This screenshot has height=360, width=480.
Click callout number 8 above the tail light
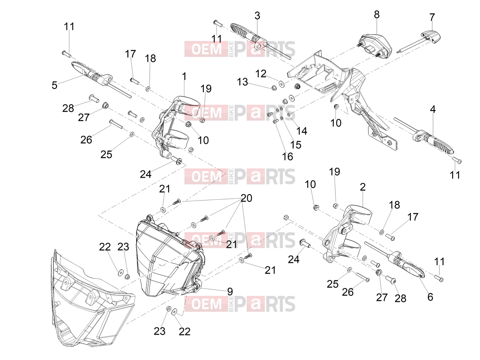tap(376, 15)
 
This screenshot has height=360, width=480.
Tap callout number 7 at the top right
tap(432, 17)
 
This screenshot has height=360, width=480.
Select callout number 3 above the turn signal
tap(257, 16)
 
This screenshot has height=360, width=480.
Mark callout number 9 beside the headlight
tap(229, 292)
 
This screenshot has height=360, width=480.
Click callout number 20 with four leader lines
tap(246, 198)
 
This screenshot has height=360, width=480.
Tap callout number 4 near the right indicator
tap(433, 109)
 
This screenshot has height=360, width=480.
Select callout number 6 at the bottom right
tap(430, 297)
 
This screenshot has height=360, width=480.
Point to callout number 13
tap(242, 82)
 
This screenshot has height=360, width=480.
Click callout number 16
tap(287, 157)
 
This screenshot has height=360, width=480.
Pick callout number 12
tap(261, 74)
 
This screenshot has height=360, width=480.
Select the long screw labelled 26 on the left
tap(116, 124)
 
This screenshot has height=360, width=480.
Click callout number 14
tap(302, 131)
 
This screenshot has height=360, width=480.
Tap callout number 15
tap(296, 145)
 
